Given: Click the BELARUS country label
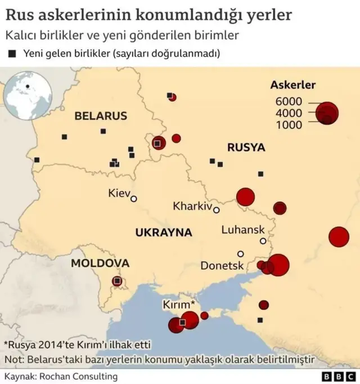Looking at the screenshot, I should click(101, 116).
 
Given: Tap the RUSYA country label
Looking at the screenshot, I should click(246, 148).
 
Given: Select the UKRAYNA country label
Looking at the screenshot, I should click(163, 233).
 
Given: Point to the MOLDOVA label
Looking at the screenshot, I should click(100, 263).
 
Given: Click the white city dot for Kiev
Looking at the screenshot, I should click(134, 198).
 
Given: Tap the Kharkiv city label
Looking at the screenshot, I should click(192, 206).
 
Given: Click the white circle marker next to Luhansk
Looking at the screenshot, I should click(263, 241).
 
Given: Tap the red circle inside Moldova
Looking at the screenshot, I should click(117, 280).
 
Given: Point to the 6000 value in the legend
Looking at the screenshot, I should click(289, 101).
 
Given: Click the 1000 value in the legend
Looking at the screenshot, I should click(289, 125).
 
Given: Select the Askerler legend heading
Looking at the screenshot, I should click(292, 86).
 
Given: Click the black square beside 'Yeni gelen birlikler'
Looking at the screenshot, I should click(12, 54).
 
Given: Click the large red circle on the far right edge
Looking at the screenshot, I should click(339, 236).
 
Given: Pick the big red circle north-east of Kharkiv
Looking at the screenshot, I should click(245, 197).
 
